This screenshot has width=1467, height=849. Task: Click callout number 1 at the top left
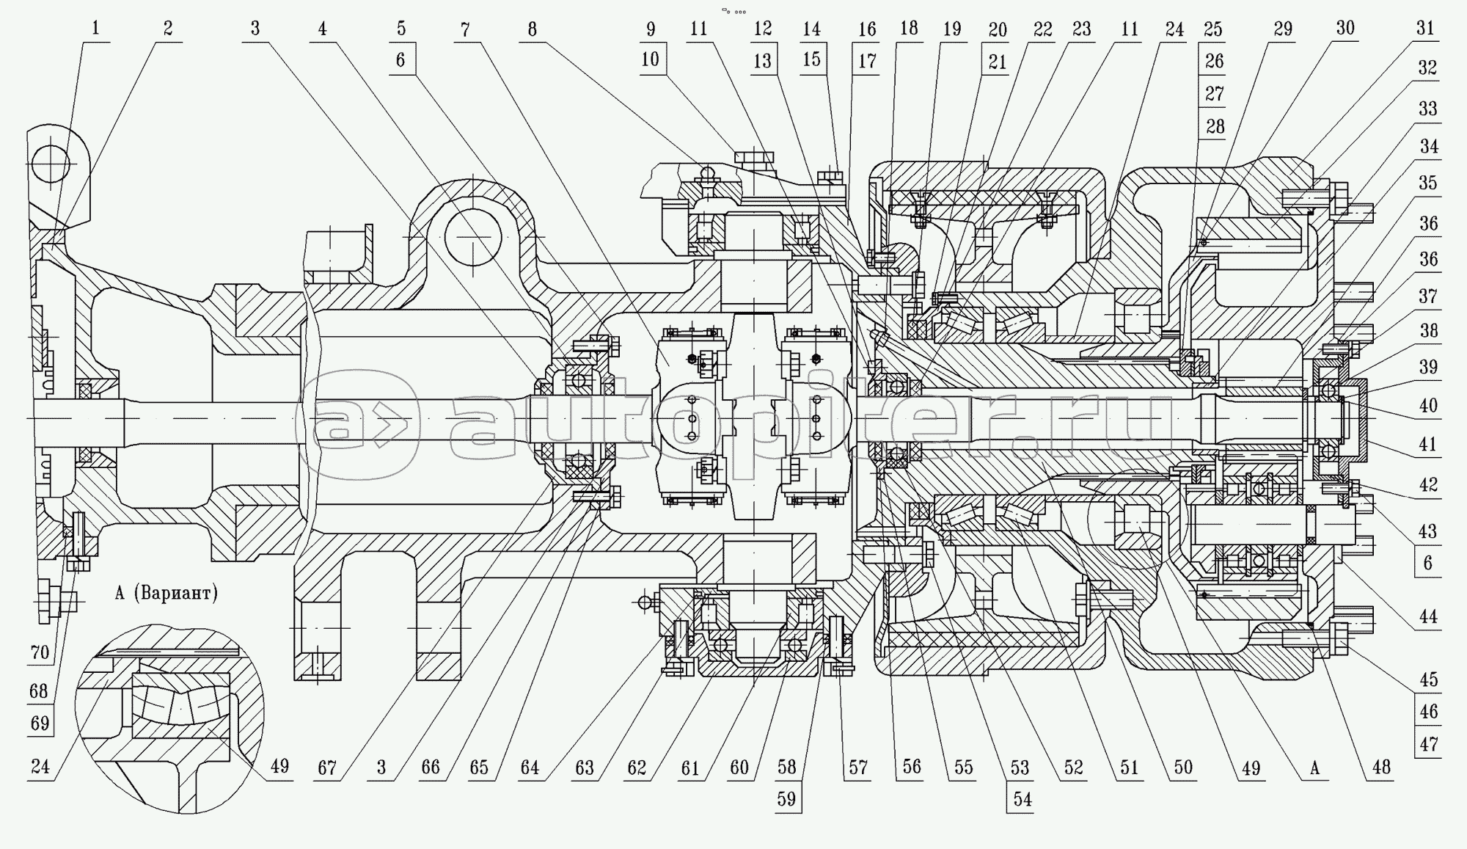95,29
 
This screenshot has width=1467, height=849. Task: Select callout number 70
40,652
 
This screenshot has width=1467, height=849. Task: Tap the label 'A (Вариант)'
167,593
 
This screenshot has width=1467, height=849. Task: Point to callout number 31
1425,29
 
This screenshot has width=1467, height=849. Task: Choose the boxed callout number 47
1428,744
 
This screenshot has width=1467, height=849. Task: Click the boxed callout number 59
786,798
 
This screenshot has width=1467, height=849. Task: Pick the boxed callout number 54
1022,798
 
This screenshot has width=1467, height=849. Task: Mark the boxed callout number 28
1215,126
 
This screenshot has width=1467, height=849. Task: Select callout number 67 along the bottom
327,768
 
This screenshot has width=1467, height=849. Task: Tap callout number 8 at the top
532,29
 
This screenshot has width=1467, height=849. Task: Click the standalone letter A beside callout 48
1315,768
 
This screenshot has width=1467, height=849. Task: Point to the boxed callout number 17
867,61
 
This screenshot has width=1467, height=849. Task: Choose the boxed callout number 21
998,62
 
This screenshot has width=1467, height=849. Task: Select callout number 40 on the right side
1428,405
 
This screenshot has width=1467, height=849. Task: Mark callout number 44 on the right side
1428,617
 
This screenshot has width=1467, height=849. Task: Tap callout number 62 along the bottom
637,768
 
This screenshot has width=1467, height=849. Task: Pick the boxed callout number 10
651,59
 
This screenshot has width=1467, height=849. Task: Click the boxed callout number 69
40,723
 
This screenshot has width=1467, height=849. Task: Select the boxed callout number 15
811,59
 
